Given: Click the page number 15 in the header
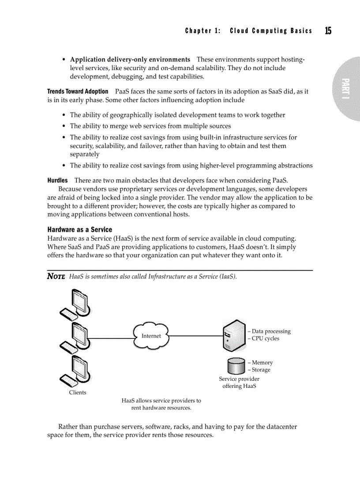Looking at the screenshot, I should point(328,30).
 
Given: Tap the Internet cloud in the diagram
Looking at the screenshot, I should point(151,336).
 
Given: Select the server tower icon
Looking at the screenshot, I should point(234,336).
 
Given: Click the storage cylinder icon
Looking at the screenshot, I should point(236,366).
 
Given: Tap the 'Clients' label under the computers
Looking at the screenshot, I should point(78,392).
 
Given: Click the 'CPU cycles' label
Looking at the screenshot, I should point(265,339).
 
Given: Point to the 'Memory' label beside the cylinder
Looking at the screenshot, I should point(262,362).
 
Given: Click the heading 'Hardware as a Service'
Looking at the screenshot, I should point(79,230).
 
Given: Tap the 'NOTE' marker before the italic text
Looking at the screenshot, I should point(56,276).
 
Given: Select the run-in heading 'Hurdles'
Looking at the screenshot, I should point(57,180).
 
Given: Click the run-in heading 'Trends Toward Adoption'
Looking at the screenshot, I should point(78,91).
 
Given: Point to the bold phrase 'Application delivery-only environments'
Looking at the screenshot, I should point(130,59).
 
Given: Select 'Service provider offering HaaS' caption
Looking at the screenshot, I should point(239,383).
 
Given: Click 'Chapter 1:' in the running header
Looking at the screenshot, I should point(203,31).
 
